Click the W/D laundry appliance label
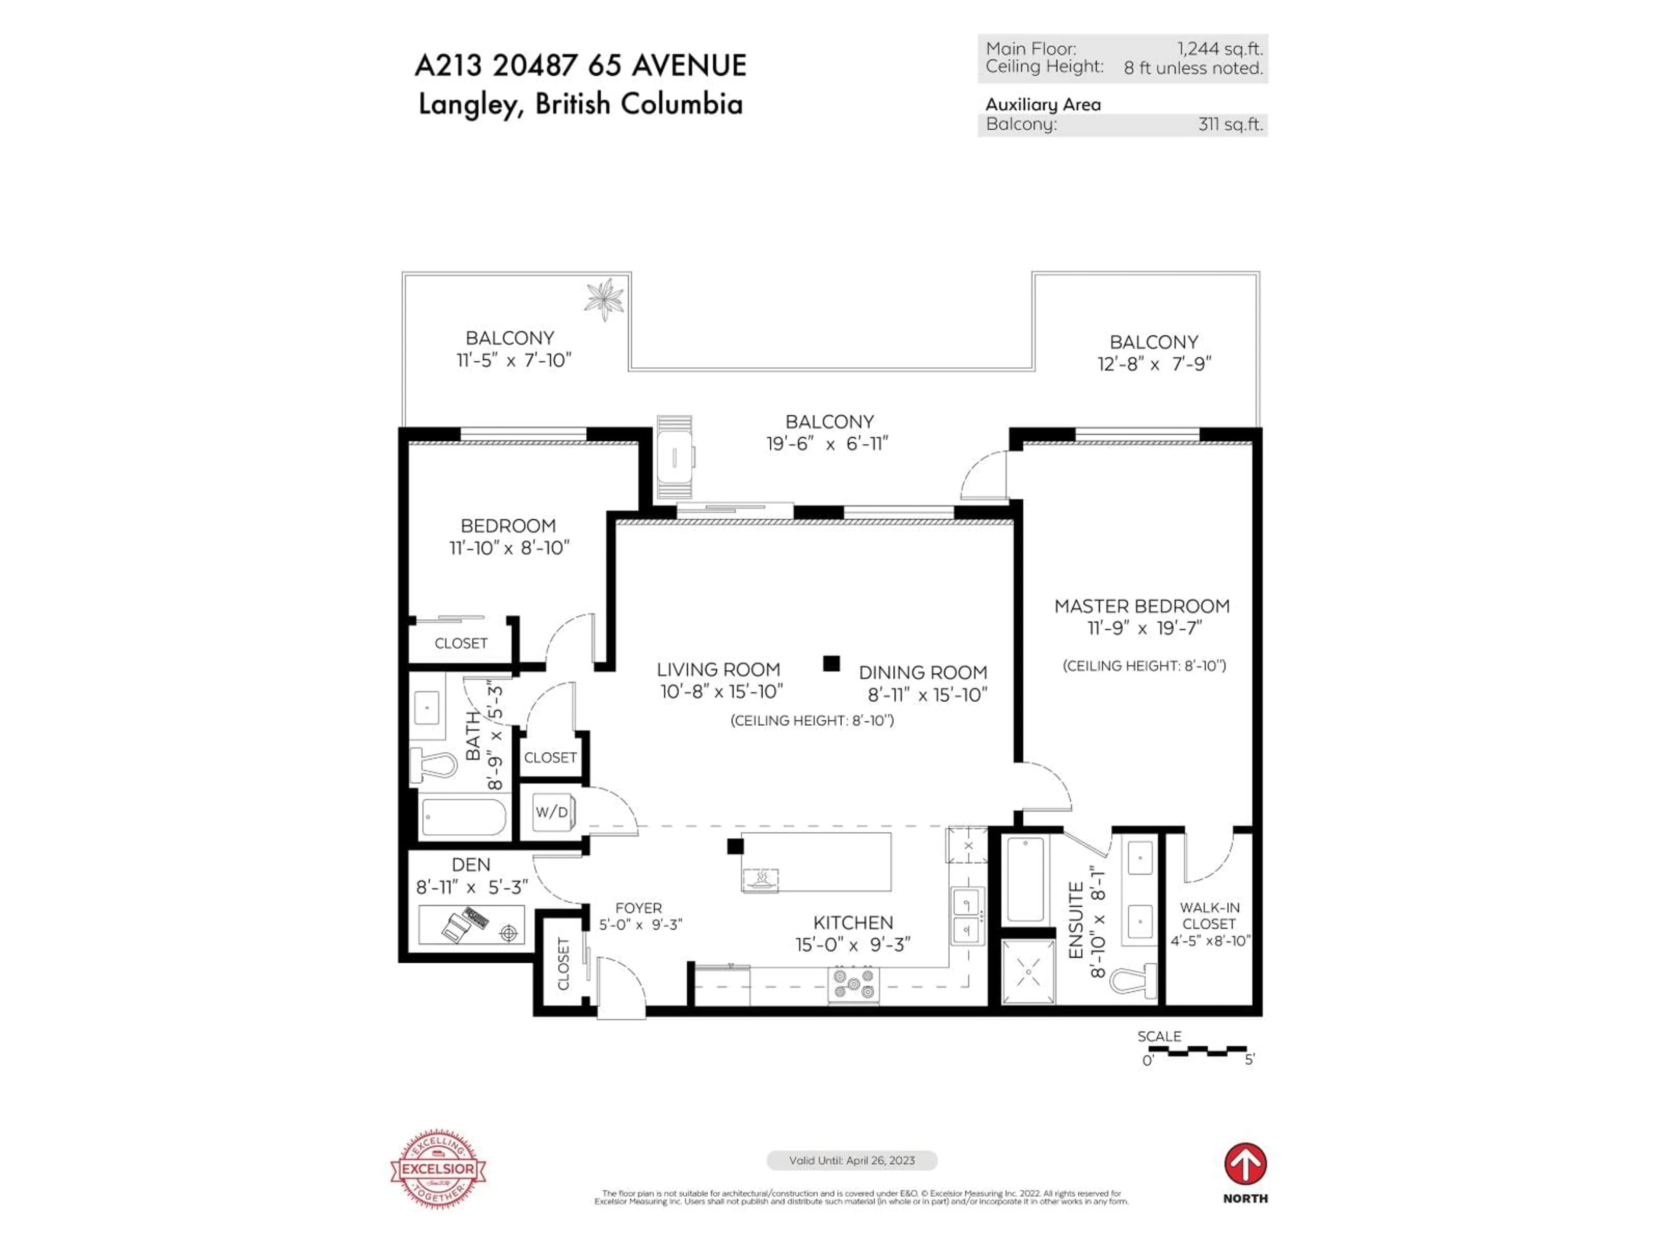pyautogui.click(x=552, y=812)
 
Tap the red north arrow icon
pyautogui.click(x=1245, y=1164)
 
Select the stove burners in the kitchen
pyautogui.click(x=853, y=984)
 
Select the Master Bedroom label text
pyautogui.click(x=1141, y=607)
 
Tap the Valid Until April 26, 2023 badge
pyautogui.click(x=852, y=1160)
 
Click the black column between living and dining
pyautogui.click(x=831, y=664)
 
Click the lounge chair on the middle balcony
pyautogui.click(x=675, y=457)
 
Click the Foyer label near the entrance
pyautogui.click(x=638, y=908)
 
